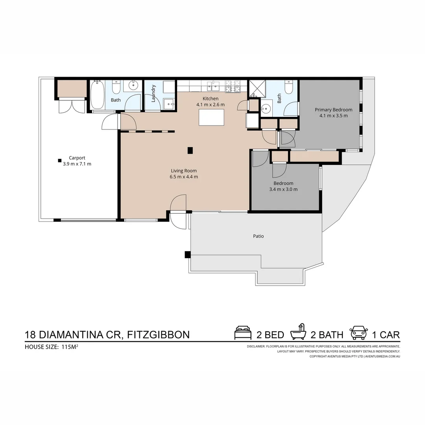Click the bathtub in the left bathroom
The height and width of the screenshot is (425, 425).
(x=97, y=95)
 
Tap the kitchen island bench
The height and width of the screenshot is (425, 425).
(x=211, y=117)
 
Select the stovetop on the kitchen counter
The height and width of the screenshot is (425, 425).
(x=233, y=86)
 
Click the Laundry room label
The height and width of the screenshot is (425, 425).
(x=153, y=94)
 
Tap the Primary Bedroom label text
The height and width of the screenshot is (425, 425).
(x=333, y=110)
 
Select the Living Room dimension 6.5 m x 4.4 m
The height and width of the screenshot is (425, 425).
(x=184, y=177)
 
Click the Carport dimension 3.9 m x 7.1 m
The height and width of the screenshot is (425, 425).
(x=77, y=164)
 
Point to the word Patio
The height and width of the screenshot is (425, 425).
(x=258, y=237)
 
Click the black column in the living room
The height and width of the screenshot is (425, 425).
(x=190, y=150)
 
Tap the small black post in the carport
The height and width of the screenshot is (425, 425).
(x=59, y=160)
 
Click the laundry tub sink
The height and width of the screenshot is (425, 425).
(x=170, y=103)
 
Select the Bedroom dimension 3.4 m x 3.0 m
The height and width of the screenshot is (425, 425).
(x=283, y=189)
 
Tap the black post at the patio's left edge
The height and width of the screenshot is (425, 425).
(x=187, y=255)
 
